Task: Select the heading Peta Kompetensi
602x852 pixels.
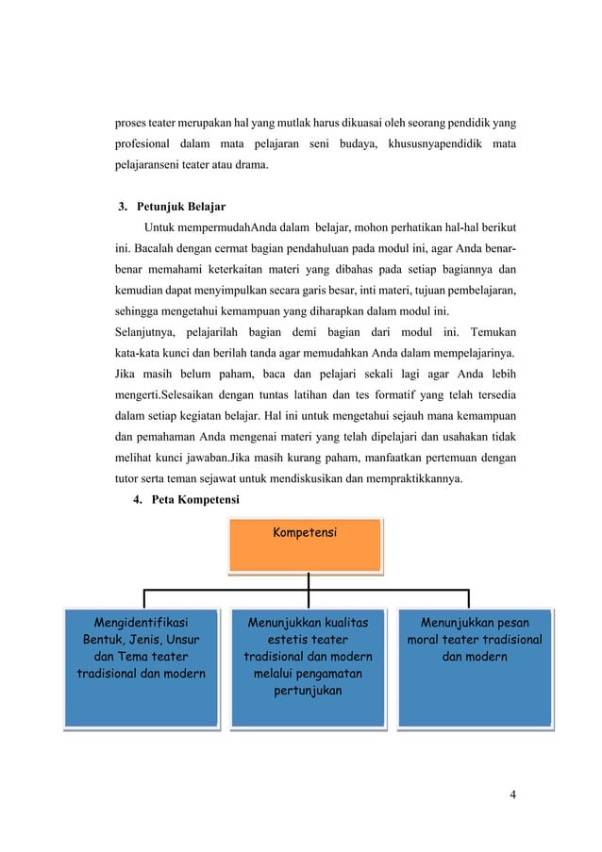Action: (192, 497)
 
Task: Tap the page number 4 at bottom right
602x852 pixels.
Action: (512, 794)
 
